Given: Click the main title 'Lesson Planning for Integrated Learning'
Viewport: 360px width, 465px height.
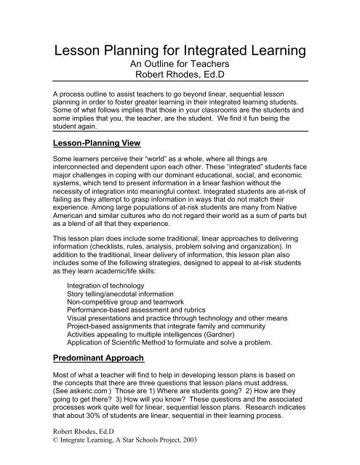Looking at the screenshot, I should point(180,52).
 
